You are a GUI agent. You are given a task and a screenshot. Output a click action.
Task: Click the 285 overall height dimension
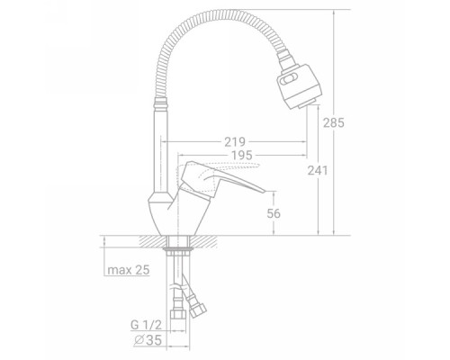tap(334, 122)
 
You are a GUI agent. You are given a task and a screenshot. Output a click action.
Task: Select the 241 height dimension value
tap(318, 171)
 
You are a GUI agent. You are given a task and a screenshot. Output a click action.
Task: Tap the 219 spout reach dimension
tap(235, 142)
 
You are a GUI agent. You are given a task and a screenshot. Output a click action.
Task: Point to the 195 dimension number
tap(242, 156)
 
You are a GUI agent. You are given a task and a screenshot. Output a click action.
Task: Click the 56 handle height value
tap(274, 213)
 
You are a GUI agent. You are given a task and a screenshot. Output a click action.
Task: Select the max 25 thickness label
tap(129, 270)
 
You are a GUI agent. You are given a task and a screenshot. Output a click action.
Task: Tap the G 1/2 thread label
tap(146, 325)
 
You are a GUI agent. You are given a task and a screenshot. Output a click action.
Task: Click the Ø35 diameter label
tap(148, 340)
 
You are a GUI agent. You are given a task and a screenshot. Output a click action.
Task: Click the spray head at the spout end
tap(299, 86)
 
